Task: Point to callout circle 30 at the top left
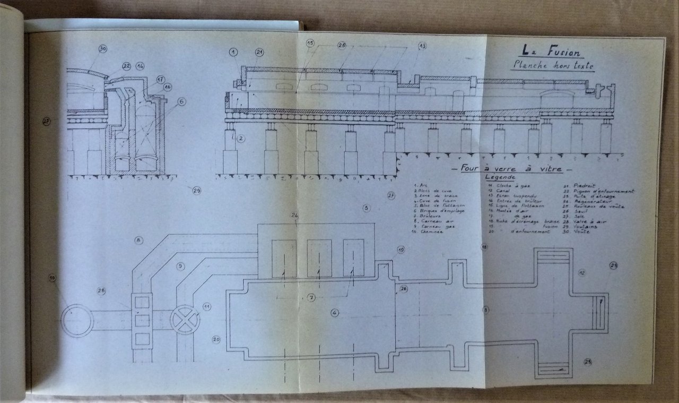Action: click(102, 49)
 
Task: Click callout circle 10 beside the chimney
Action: click(52, 278)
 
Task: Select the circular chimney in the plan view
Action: click(77, 321)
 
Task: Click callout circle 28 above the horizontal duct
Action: click(101, 291)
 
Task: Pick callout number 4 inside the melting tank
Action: click(335, 312)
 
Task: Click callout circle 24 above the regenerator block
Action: click(294, 215)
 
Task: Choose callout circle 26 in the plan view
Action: click(404, 289)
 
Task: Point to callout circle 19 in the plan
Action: click(401, 249)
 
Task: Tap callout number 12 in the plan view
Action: click(582, 272)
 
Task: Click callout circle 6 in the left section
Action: click(182, 101)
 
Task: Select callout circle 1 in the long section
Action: click(234, 52)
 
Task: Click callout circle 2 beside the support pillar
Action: click(241, 139)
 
